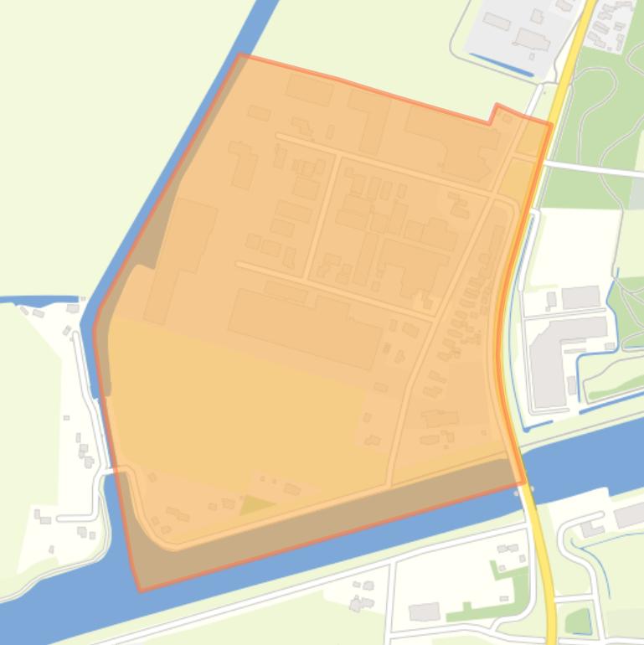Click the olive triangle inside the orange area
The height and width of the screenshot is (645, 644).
click(x=256, y=505)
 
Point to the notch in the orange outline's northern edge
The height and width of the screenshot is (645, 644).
click(x=495, y=111)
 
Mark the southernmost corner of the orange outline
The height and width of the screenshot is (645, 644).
click(x=140, y=590)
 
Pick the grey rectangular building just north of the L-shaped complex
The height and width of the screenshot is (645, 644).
click(x=580, y=297)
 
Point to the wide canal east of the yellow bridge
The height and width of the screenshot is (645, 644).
click(x=586, y=457)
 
